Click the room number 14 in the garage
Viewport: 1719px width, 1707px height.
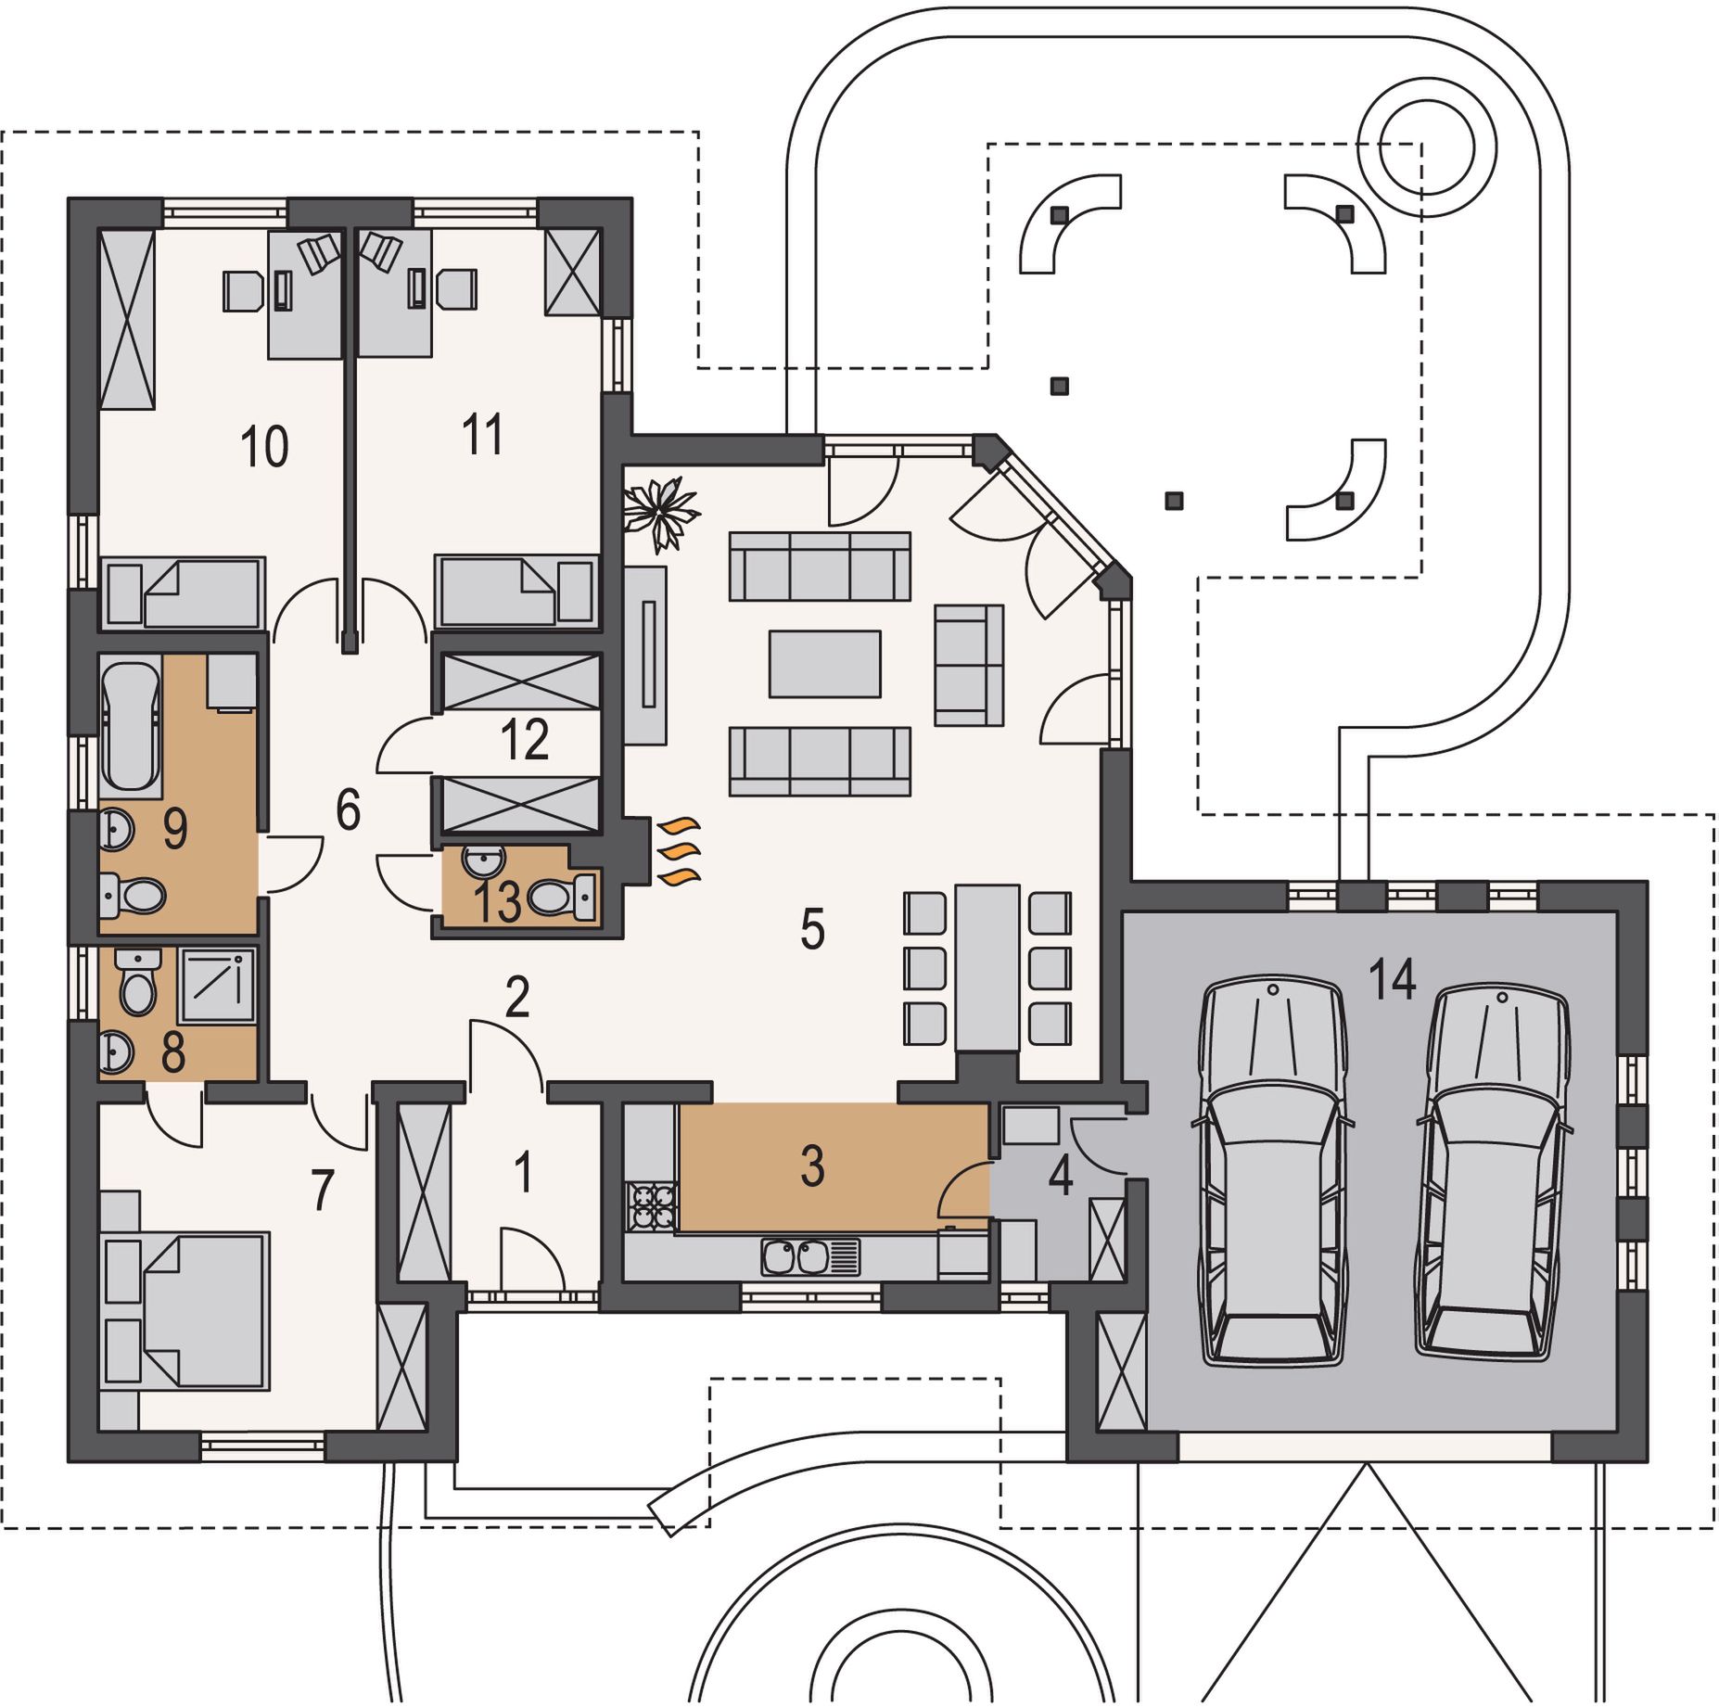click(x=1393, y=979)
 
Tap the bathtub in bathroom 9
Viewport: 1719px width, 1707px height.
click(x=130, y=725)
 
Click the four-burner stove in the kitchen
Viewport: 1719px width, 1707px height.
click(x=651, y=1204)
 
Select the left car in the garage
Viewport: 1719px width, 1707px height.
click(x=1272, y=1170)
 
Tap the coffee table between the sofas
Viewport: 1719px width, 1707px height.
click(x=824, y=663)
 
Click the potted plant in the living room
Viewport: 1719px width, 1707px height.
click(x=660, y=513)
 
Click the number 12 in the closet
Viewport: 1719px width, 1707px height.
click(x=524, y=739)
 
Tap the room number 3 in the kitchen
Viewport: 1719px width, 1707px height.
click(x=812, y=1166)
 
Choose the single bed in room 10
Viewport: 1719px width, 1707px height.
click(x=183, y=592)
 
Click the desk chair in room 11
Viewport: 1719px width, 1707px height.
click(x=456, y=289)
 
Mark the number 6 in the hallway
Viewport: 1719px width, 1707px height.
click(x=348, y=809)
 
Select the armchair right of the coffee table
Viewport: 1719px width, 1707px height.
click(x=969, y=665)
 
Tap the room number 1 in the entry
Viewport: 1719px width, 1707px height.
click(x=523, y=1171)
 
